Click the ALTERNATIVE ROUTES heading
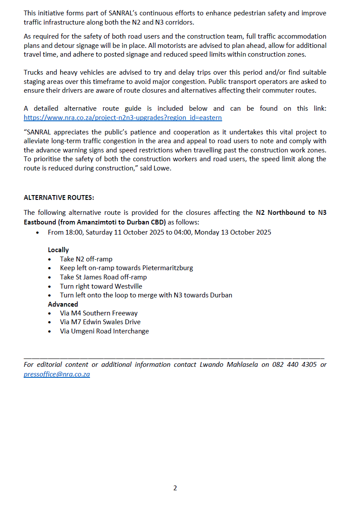point(59,198)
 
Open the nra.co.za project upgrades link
point(122,118)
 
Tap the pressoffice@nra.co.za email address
point(57,374)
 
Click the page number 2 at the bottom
point(175,488)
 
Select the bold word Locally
point(58,250)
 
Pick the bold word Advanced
point(63,304)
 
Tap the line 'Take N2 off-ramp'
point(86,259)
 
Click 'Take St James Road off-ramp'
point(103,277)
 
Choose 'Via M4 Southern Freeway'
point(99,313)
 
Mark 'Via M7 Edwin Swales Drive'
point(100,322)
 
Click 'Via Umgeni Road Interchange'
point(104,331)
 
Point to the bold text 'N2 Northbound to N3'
point(291,213)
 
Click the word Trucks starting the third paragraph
point(33,72)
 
